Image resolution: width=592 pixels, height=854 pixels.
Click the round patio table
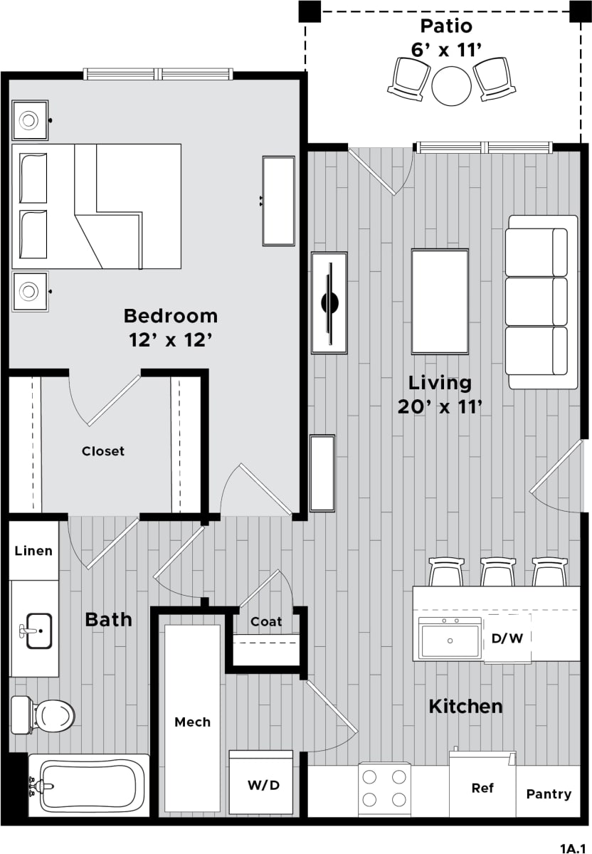pyautogui.click(x=451, y=85)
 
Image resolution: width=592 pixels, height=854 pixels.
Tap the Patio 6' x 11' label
pyautogui.click(x=446, y=37)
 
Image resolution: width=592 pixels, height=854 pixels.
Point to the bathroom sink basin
pyautogui.click(x=39, y=631)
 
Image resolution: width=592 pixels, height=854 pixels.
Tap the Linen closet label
pyautogui.click(x=33, y=551)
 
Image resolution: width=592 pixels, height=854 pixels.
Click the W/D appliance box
pyautogui.click(x=262, y=785)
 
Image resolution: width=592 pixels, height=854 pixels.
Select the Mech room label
pyautogui.click(x=192, y=722)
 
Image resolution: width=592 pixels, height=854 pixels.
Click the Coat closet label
pyautogui.click(x=266, y=621)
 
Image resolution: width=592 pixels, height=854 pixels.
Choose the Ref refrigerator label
pyautogui.click(x=483, y=789)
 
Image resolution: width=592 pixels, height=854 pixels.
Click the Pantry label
pyautogui.click(x=549, y=794)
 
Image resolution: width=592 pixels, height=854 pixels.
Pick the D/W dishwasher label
pyautogui.click(x=507, y=638)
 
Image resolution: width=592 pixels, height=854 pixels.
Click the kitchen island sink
pyautogui.click(x=450, y=638)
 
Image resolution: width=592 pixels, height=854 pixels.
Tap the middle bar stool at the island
pyautogui.click(x=498, y=572)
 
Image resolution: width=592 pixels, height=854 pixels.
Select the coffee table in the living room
pyautogui.click(x=440, y=301)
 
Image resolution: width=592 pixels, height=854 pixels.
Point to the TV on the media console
pyautogui.click(x=329, y=302)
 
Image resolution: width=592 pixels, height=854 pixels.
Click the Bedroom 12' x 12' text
pyautogui.click(x=171, y=327)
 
